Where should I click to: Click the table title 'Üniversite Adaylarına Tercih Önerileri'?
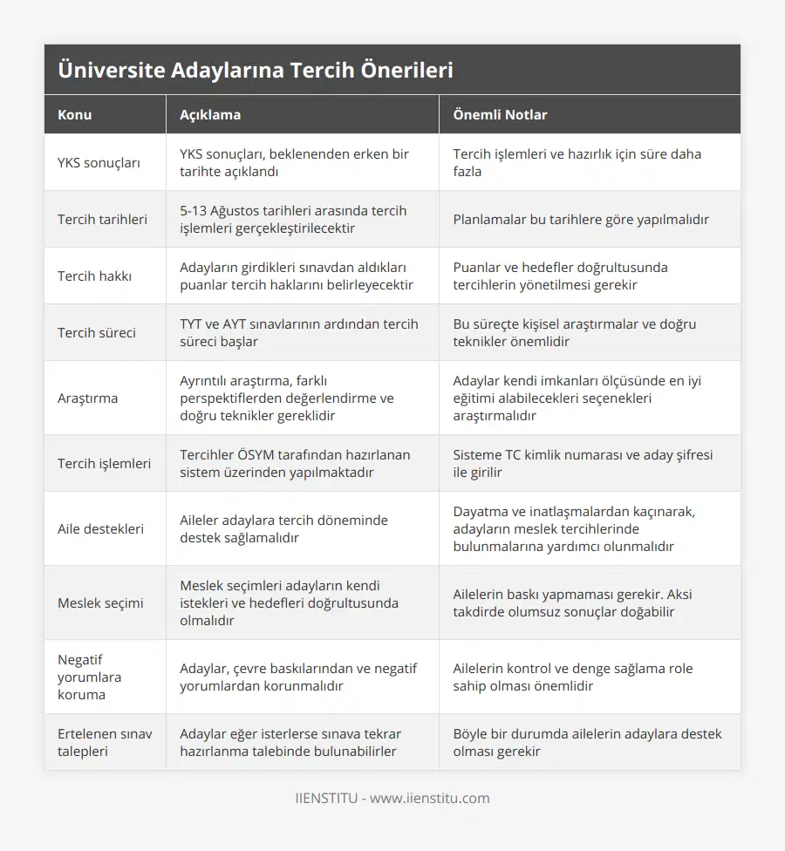tap(256, 71)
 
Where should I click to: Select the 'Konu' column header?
tap(75, 114)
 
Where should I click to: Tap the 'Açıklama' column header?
tap(210, 114)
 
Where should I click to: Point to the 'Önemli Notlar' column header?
tap(500, 114)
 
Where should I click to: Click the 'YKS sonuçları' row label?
tap(99, 163)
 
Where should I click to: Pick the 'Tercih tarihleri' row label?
tap(102, 220)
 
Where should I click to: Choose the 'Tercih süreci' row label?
tap(97, 333)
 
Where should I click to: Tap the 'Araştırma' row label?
tap(87, 398)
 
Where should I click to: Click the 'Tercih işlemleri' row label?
tap(104, 464)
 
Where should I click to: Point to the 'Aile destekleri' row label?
tap(101, 528)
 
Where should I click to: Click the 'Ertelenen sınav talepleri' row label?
tap(105, 742)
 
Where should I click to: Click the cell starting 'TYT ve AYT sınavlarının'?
tap(298, 333)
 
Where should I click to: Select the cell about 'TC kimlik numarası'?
tap(583, 464)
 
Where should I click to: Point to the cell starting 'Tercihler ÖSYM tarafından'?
tap(294, 464)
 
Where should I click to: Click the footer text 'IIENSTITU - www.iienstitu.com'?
tap(392, 798)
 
